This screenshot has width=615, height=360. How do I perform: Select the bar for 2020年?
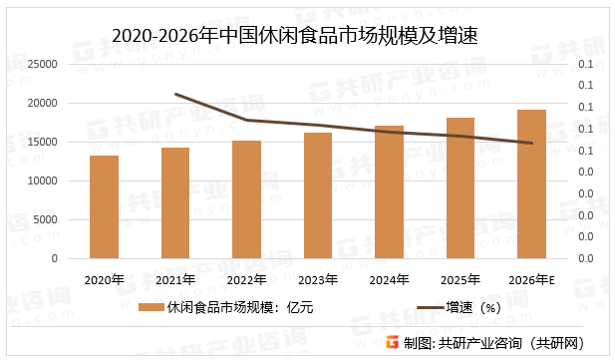pyautogui.click(x=104, y=207)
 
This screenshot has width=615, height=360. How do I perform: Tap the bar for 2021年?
pyautogui.click(x=175, y=203)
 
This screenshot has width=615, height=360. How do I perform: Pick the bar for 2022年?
pyautogui.click(x=246, y=199)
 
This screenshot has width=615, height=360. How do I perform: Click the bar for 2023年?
pyautogui.click(x=318, y=195)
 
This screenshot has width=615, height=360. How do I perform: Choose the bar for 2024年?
pyautogui.click(x=390, y=192)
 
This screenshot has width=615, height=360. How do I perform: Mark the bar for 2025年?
pyautogui.click(x=461, y=188)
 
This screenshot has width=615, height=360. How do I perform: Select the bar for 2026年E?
pyautogui.click(x=532, y=184)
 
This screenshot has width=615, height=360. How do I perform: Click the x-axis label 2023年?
pyautogui.click(x=318, y=279)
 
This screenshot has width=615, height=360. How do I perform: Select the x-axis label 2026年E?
pyautogui.click(x=532, y=279)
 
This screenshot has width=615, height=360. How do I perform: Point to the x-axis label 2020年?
pyautogui.click(x=104, y=279)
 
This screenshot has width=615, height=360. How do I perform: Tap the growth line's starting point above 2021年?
pyautogui.click(x=175, y=95)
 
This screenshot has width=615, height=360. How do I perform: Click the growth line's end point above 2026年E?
pyautogui.click(x=532, y=143)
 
